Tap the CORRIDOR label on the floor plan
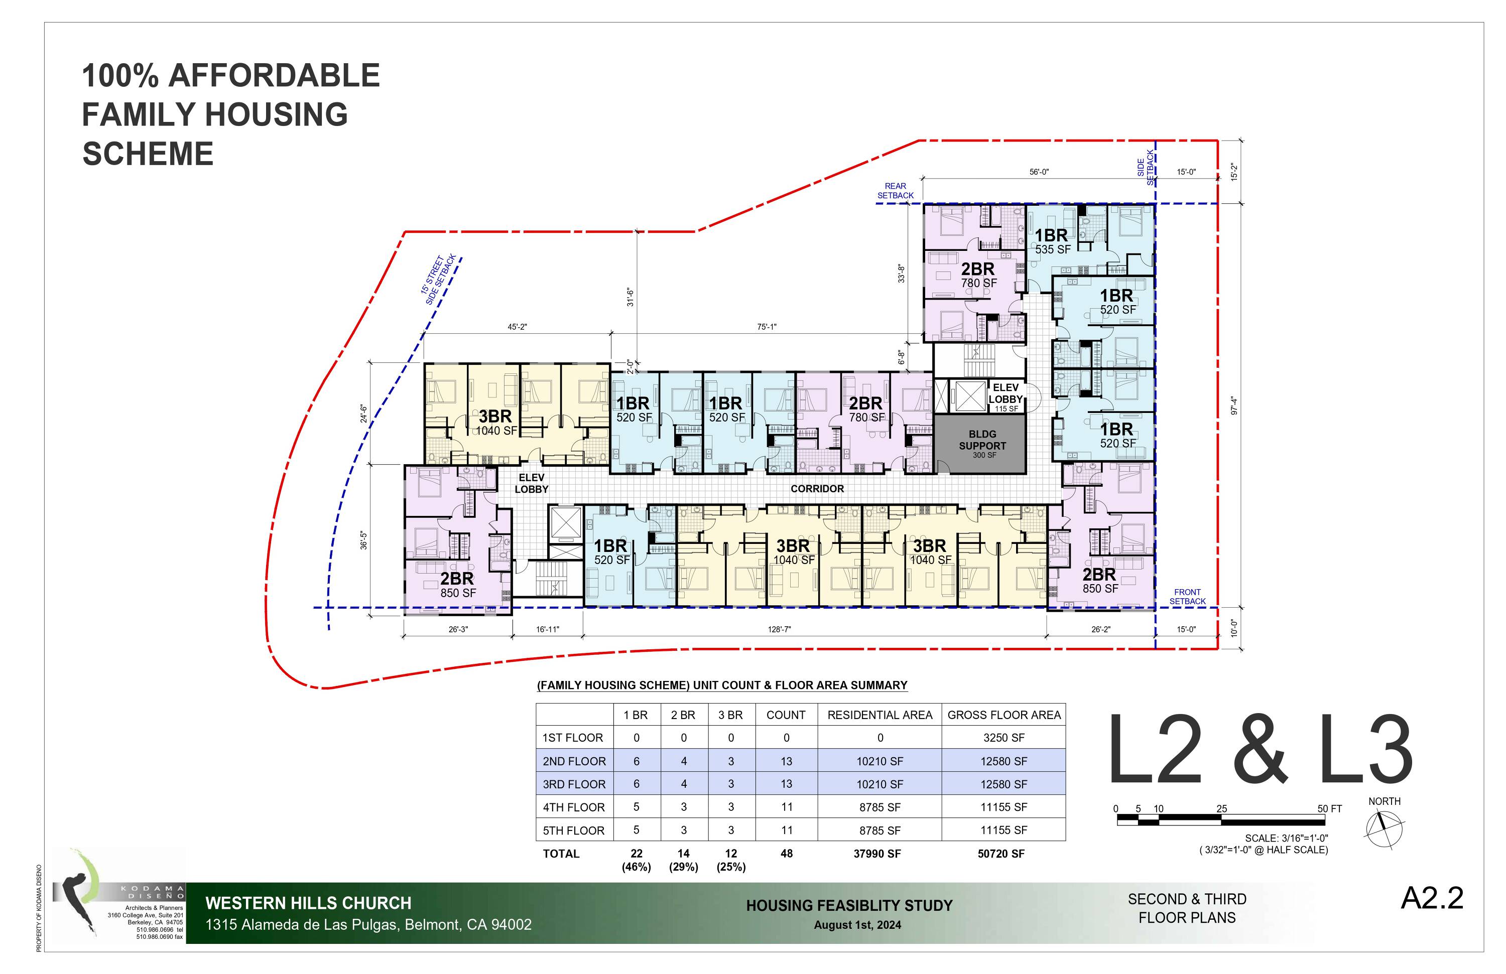817,489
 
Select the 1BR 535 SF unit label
1052,241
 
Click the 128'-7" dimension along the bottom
779,629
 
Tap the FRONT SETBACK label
1187,597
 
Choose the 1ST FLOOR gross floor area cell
1003,738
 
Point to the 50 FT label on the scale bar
1329,809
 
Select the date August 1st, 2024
857,925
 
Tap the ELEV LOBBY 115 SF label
1006,396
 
